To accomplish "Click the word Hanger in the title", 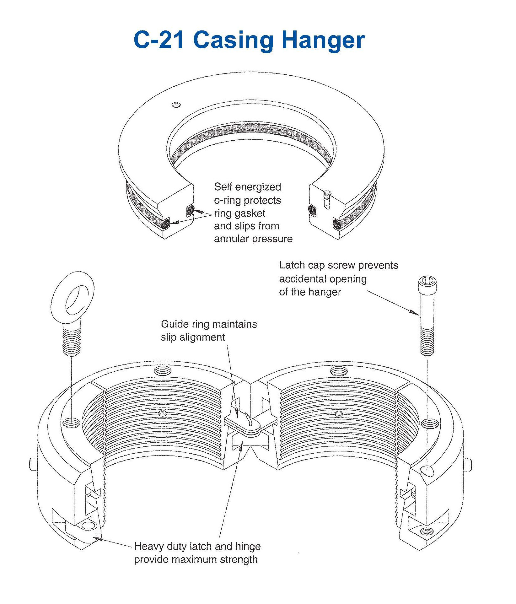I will point(323,40).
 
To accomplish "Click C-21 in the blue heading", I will point(159,40).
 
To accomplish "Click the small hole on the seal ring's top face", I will point(176,105).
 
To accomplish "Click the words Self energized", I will point(247,187).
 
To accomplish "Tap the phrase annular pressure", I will point(253,239).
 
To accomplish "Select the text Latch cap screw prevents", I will point(338,265).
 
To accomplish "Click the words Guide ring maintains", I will point(209,324).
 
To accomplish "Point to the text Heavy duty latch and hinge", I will point(197,546).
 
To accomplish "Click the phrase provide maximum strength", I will point(196,559).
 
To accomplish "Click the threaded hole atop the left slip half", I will point(163,371).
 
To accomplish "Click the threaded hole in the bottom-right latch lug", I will point(426,531).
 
